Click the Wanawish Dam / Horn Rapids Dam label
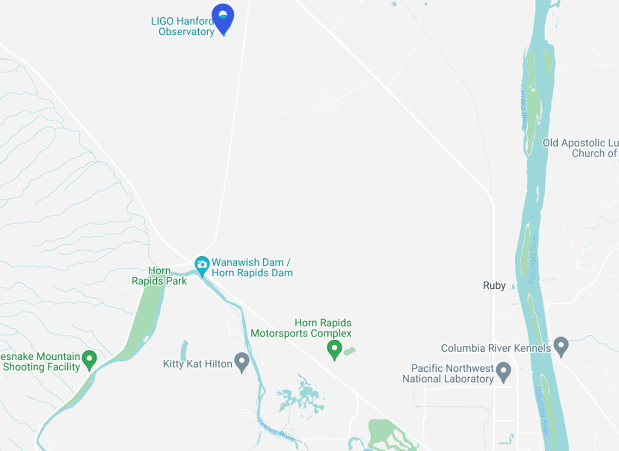pyautogui.click(x=252, y=268)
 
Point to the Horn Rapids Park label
pyautogui.click(x=159, y=276)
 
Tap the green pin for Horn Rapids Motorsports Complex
pyautogui.click(x=334, y=349)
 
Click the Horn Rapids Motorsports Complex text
pyautogui.click(x=301, y=328)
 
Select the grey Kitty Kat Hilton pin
pyautogui.click(x=242, y=362)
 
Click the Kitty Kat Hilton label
pyautogui.click(x=198, y=364)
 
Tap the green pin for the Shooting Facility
pyautogui.click(x=89, y=359)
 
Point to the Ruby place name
pyautogui.click(x=494, y=285)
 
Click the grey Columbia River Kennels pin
pyautogui.click(x=560, y=346)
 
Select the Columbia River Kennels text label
pyautogui.click(x=496, y=348)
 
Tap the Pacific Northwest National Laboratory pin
pyautogui.click(x=504, y=372)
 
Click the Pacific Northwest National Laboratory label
pyautogui.click(x=447, y=374)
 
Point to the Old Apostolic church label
pyautogui.click(x=580, y=148)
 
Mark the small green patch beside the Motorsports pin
pyautogui.click(x=349, y=351)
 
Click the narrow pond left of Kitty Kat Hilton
pyautogui.click(x=184, y=351)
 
